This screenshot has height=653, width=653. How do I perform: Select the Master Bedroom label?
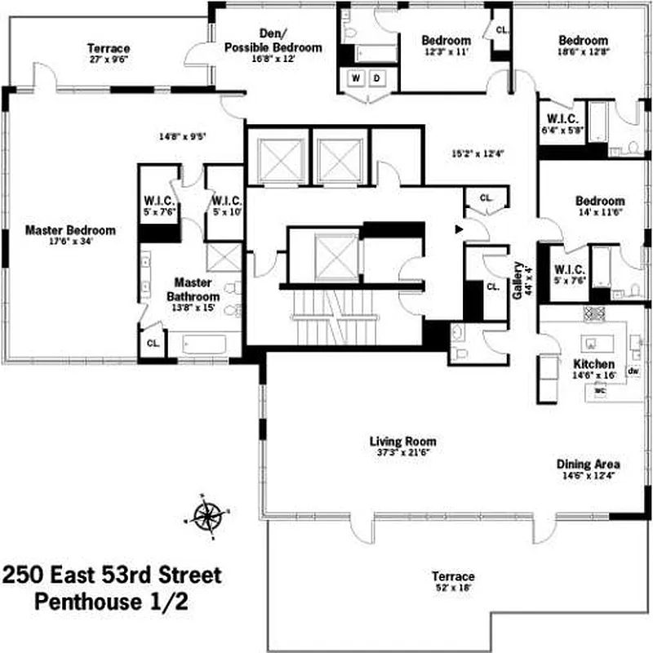pyautogui.click(x=69, y=230)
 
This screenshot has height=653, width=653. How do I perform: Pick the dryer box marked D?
pyautogui.click(x=378, y=78)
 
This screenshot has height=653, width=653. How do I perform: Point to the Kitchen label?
pyautogui.click(x=593, y=363)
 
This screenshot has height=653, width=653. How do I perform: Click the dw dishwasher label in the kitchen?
pyautogui.click(x=633, y=371)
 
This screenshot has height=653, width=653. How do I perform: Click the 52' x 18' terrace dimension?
pyautogui.click(x=453, y=587)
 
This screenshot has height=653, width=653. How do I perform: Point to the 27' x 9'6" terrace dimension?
pyautogui.click(x=109, y=60)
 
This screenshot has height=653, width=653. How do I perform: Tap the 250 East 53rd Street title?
pyautogui.click(x=112, y=575)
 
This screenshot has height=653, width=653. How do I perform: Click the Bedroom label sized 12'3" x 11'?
pyautogui.click(x=446, y=41)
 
